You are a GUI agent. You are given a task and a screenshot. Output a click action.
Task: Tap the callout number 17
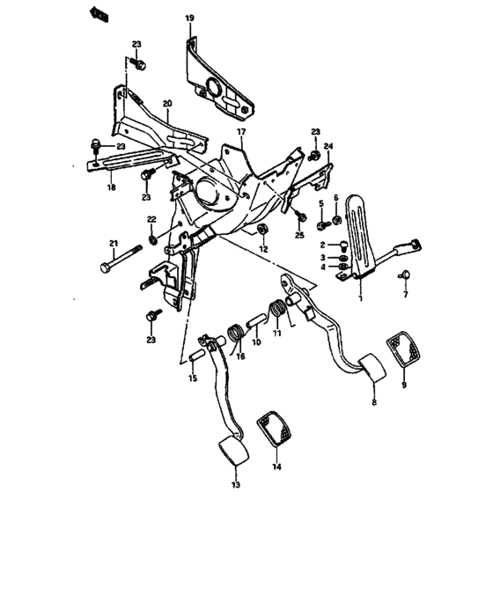point(239,131)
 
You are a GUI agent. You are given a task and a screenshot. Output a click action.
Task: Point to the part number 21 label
point(113,244)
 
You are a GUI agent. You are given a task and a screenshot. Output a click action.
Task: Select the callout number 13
point(235,485)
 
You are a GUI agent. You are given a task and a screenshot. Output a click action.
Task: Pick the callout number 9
point(404,384)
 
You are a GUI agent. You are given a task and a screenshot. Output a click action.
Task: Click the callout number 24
point(328,146)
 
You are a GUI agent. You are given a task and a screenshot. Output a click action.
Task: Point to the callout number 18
point(111,187)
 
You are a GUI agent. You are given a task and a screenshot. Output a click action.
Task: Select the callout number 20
point(167,104)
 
